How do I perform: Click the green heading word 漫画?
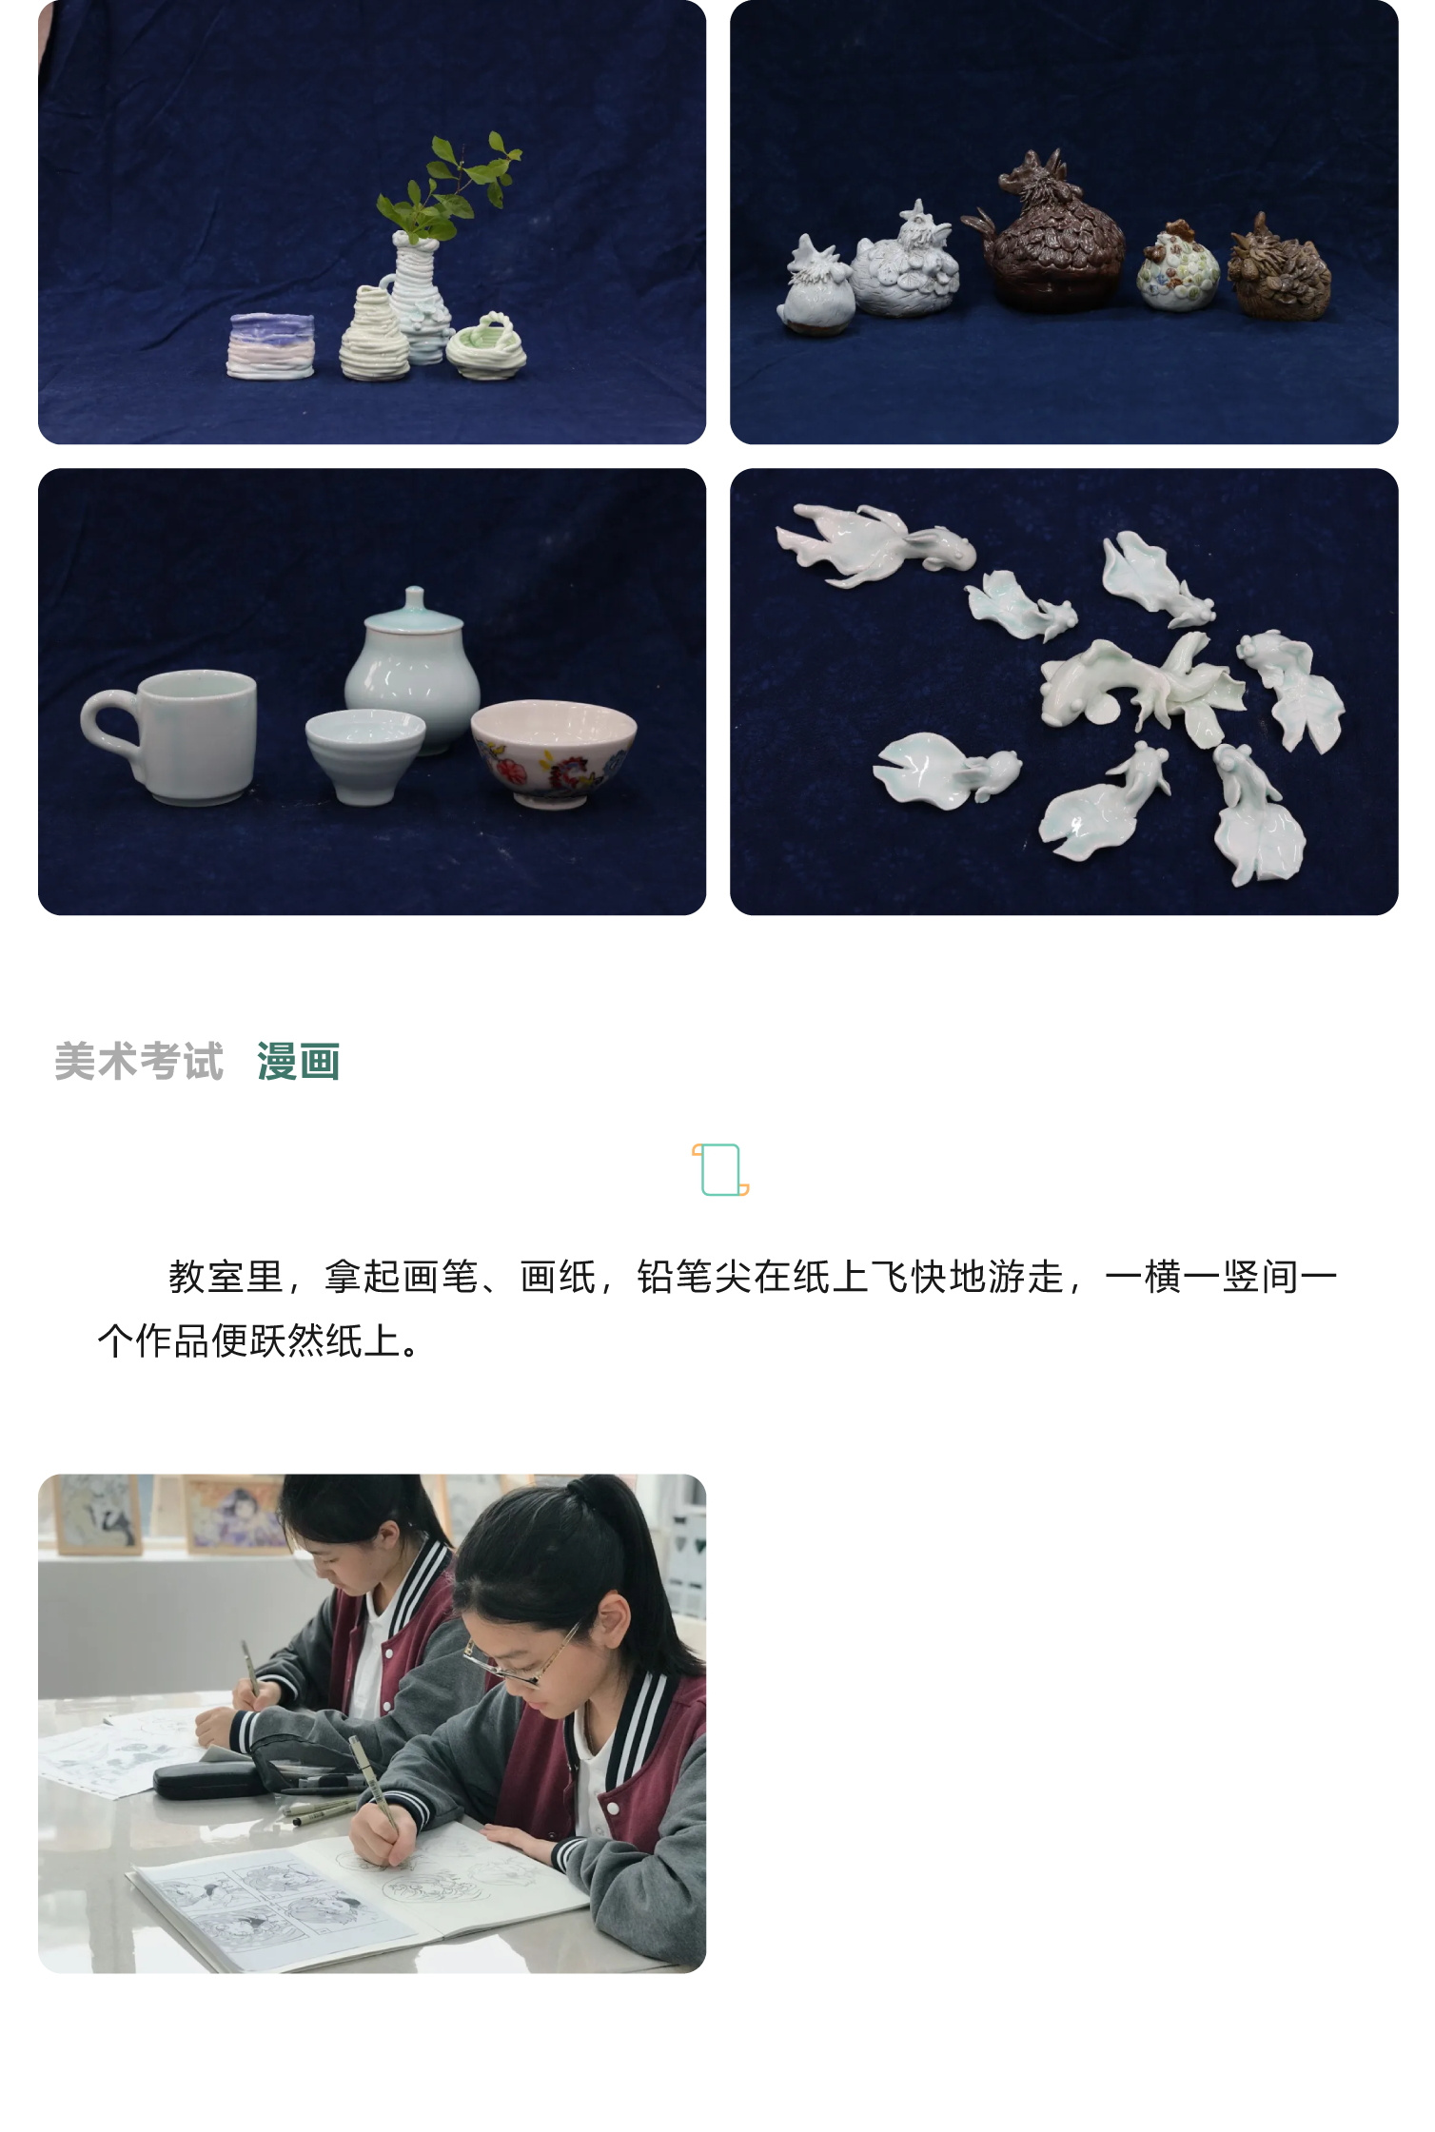pos(298,1062)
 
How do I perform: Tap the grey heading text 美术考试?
pos(139,1062)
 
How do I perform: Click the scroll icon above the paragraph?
pos(720,1169)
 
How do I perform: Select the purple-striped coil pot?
pos(271,345)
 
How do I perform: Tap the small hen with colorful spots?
pos(1178,270)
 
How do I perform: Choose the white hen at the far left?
pos(815,288)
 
